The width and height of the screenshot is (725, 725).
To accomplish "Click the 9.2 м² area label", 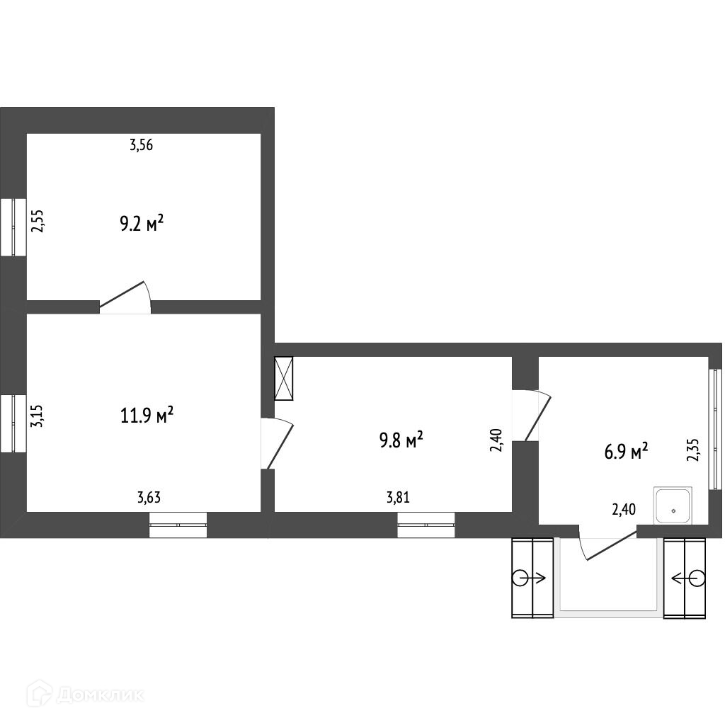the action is (142, 224).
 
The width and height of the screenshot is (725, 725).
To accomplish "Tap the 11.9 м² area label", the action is (147, 415).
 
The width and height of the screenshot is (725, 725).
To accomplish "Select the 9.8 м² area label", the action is (401, 440).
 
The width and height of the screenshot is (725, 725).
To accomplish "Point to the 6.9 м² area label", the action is (626, 451).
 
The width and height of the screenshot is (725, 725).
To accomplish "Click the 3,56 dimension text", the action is (141, 145).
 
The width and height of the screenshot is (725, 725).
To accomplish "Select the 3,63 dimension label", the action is (149, 498).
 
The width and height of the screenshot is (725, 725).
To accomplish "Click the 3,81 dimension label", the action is (398, 498).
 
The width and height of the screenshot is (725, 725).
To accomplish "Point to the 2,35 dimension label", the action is (694, 450).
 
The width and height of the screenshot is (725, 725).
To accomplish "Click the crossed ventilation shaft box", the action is (284, 378).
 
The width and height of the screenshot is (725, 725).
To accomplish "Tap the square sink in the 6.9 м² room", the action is (673, 506).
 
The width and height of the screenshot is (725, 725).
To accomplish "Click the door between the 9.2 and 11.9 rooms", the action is (125, 297).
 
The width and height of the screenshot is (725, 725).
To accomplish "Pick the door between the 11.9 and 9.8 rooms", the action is (277, 443).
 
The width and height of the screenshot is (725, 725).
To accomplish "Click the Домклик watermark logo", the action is (86, 695).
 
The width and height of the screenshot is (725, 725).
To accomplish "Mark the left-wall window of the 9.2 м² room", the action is (13, 227).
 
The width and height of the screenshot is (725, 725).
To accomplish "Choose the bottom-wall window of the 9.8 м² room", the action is (426, 525).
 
